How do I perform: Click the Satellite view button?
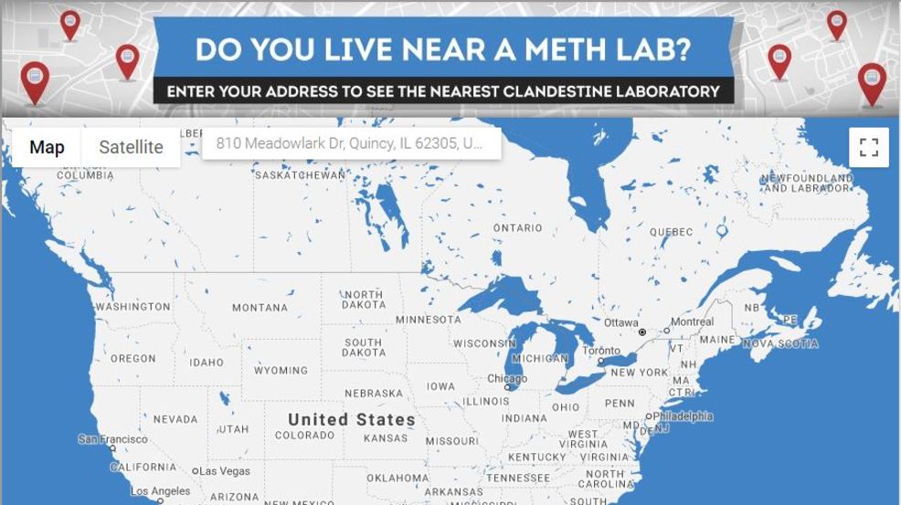pyautogui.click(x=131, y=147)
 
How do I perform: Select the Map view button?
pyautogui.click(x=47, y=147)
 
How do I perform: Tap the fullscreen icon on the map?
pyautogui.click(x=868, y=147)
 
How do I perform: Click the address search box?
pyautogui.click(x=351, y=143)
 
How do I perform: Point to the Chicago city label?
pyautogui.click(x=506, y=379)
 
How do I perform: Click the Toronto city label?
pyautogui.click(x=600, y=352)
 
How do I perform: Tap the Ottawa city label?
pyautogui.click(x=620, y=323)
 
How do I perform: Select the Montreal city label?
pyautogui.click(x=692, y=322)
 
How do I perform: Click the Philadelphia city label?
pyautogui.click(x=682, y=416)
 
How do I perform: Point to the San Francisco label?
pyautogui.click(x=111, y=439)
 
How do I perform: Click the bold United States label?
pyautogui.click(x=352, y=420)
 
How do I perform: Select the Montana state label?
pyautogui.click(x=260, y=308)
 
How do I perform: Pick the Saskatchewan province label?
pyautogui.click(x=300, y=174)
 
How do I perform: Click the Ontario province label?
pyautogui.click(x=517, y=227)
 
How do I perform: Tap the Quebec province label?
pyautogui.click(x=671, y=232)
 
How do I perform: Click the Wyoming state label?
pyautogui.click(x=281, y=371)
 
